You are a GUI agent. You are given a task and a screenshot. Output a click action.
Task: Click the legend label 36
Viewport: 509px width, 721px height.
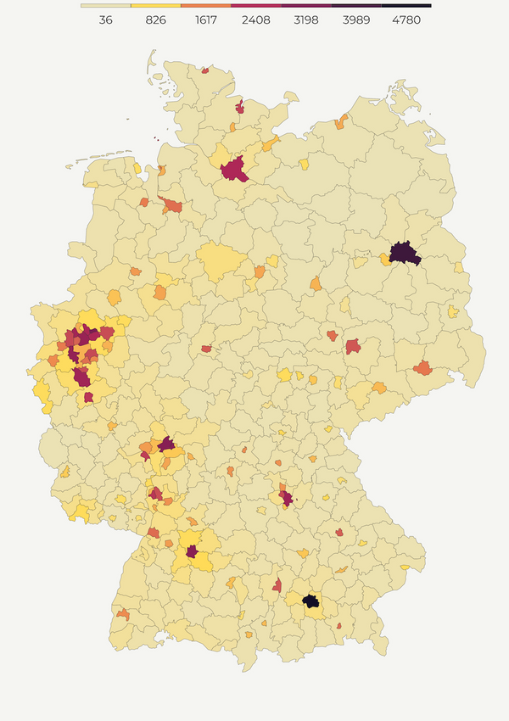[x=106, y=20]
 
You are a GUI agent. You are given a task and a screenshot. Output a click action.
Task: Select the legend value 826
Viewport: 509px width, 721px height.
[x=156, y=20]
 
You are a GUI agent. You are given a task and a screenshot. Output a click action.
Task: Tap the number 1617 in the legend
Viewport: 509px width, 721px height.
[x=206, y=20]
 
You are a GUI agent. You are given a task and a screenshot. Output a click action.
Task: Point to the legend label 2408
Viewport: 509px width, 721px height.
[x=256, y=20]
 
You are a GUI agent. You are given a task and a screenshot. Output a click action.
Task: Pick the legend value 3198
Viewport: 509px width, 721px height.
[x=306, y=20]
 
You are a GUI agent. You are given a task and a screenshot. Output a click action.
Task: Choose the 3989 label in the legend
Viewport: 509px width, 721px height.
[x=356, y=20]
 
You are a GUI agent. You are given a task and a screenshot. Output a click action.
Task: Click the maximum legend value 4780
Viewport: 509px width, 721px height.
[x=406, y=20]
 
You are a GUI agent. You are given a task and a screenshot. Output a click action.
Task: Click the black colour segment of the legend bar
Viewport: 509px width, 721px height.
[x=406, y=6]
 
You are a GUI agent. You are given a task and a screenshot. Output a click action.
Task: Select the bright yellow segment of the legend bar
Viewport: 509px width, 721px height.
[x=156, y=6]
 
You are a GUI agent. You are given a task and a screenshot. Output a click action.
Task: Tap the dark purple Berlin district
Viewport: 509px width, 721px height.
[x=405, y=253]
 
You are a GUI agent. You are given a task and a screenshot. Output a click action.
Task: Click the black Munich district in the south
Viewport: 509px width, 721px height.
[x=310, y=601]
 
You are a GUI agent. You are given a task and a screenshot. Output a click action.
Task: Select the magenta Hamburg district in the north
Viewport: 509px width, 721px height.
[x=233, y=168]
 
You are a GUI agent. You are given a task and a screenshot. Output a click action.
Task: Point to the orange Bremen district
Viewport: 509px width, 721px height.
[x=172, y=205]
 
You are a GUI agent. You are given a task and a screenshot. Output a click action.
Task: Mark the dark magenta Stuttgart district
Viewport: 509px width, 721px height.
[x=193, y=551]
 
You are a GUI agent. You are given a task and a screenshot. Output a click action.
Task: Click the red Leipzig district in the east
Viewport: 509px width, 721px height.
[x=353, y=346]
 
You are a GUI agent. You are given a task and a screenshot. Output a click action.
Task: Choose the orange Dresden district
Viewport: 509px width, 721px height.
[x=422, y=368]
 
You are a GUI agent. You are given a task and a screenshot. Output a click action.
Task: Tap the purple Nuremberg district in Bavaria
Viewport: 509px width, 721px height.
[x=288, y=498]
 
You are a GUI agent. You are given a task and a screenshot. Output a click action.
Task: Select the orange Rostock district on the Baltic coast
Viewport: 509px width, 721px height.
[x=341, y=122]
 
